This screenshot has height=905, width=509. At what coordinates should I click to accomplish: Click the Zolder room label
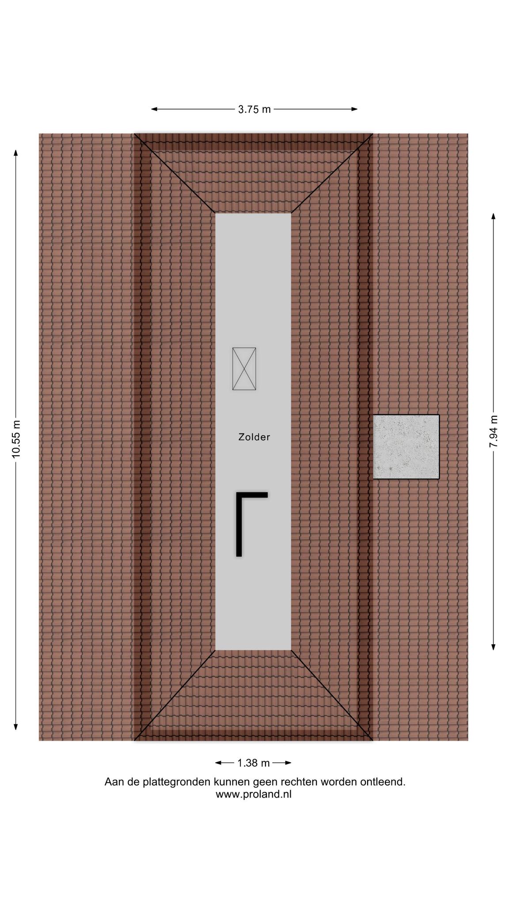click(254, 437)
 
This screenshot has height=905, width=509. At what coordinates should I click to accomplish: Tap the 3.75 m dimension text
click(254, 109)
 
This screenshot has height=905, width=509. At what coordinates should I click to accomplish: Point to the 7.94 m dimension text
click(494, 431)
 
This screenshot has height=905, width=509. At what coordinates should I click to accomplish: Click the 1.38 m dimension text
click(254, 763)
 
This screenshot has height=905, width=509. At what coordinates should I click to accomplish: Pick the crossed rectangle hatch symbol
click(244, 369)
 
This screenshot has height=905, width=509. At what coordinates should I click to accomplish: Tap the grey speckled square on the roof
click(406, 447)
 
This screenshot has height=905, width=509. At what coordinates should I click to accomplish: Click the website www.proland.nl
click(254, 794)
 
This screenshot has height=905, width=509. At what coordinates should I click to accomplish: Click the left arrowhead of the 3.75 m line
click(155, 109)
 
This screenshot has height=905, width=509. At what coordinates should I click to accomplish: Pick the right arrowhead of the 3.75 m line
click(354, 109)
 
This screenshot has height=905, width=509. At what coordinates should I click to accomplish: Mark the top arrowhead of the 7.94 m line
click(494, 217)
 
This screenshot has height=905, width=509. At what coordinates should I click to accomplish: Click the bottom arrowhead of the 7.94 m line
click(494, 646)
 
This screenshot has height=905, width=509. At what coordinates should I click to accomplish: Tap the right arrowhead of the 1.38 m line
click(288, 763)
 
